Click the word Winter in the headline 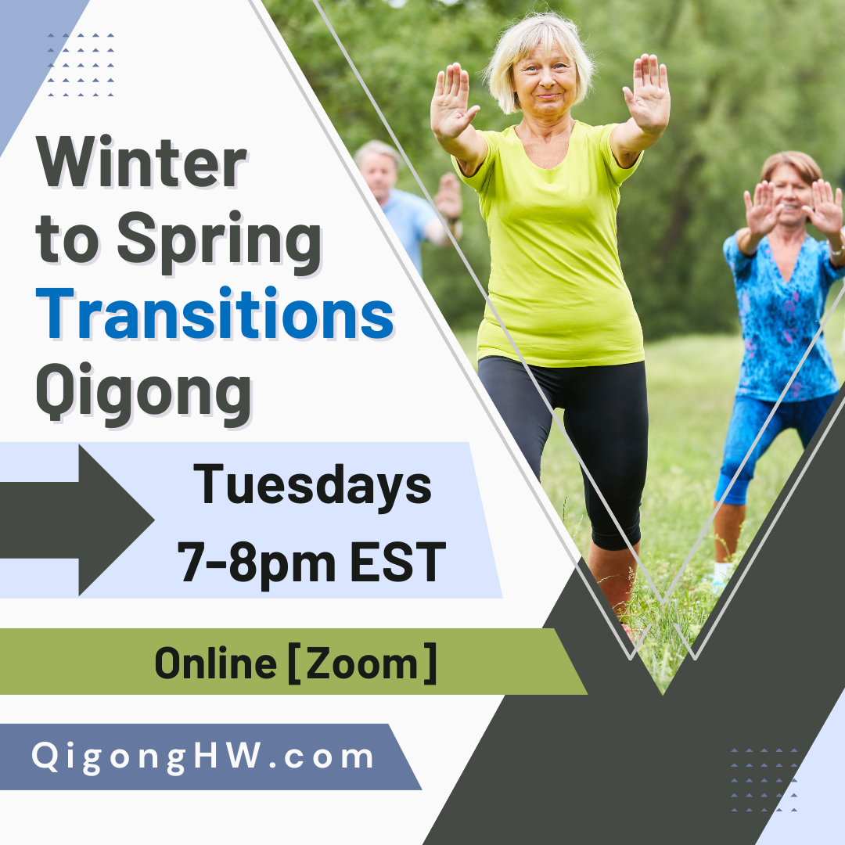[142, 164]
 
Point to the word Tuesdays [312, 484]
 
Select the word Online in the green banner [215, 663]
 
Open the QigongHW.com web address [203, 757]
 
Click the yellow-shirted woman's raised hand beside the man [453, 101]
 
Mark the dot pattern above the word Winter [81, 65]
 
